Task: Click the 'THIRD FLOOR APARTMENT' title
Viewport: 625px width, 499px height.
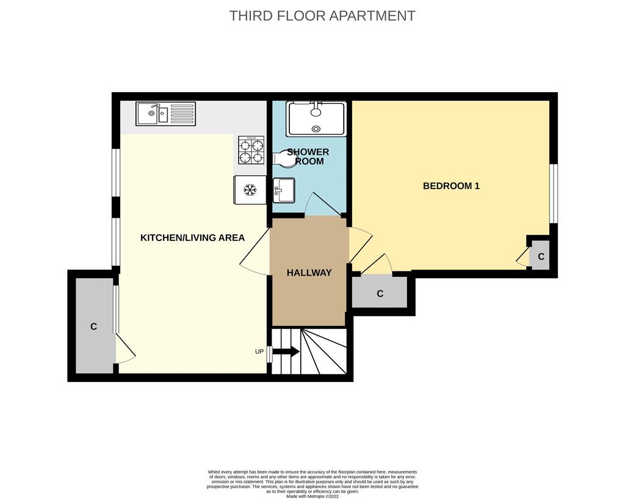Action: (322, 16)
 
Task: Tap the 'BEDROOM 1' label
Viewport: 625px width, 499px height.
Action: (451, 186)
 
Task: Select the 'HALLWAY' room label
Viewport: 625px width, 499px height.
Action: (309, 273)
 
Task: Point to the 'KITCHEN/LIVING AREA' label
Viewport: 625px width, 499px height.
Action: (192, 238)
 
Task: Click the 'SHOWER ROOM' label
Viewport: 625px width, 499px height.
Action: (308, 157)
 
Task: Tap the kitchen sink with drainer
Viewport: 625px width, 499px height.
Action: (166, 114)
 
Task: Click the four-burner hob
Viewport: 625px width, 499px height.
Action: (251, 150)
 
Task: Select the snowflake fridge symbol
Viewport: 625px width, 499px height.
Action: (250, 190)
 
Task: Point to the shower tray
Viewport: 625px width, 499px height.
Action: (316, 119)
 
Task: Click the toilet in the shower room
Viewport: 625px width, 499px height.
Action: (286, 157)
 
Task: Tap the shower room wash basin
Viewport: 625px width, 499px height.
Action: (284, 190)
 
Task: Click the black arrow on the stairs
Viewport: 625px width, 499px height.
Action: (286, 352)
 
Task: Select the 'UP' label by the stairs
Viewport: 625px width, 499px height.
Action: (259, 351)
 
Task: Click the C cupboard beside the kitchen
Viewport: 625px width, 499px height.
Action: (95, 326)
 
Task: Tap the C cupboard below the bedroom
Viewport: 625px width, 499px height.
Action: (380, 293)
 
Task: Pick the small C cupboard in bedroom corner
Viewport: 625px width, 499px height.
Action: (540, 255)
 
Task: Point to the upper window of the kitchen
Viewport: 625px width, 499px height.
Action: (116, 173)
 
